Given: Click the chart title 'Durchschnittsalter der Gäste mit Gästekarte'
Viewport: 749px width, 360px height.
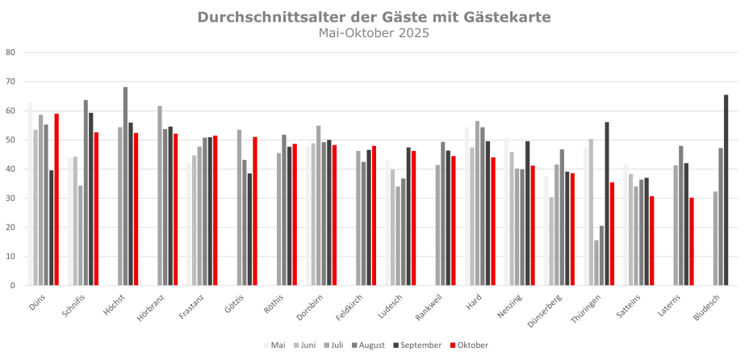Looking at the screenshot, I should click(374, 17).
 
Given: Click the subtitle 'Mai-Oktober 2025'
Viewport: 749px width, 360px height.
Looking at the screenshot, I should click(374, 33).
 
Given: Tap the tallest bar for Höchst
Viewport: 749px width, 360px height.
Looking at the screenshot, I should click(125, 186).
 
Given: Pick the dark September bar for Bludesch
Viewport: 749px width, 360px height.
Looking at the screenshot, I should click(726, 190).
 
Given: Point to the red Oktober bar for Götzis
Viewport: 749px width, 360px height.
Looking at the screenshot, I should click(255, 211).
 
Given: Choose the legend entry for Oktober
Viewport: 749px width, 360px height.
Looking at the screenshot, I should click(470, 345).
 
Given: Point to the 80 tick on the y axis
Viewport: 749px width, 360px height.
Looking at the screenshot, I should click(10, 53).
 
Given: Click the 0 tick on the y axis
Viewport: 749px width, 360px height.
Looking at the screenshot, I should click(13, 286).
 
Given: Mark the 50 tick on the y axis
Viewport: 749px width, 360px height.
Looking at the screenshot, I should click(10, 140).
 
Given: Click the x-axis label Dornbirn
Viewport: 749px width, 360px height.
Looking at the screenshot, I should click(312, 308).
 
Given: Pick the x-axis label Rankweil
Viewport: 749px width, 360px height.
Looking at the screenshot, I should click(430, 308).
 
